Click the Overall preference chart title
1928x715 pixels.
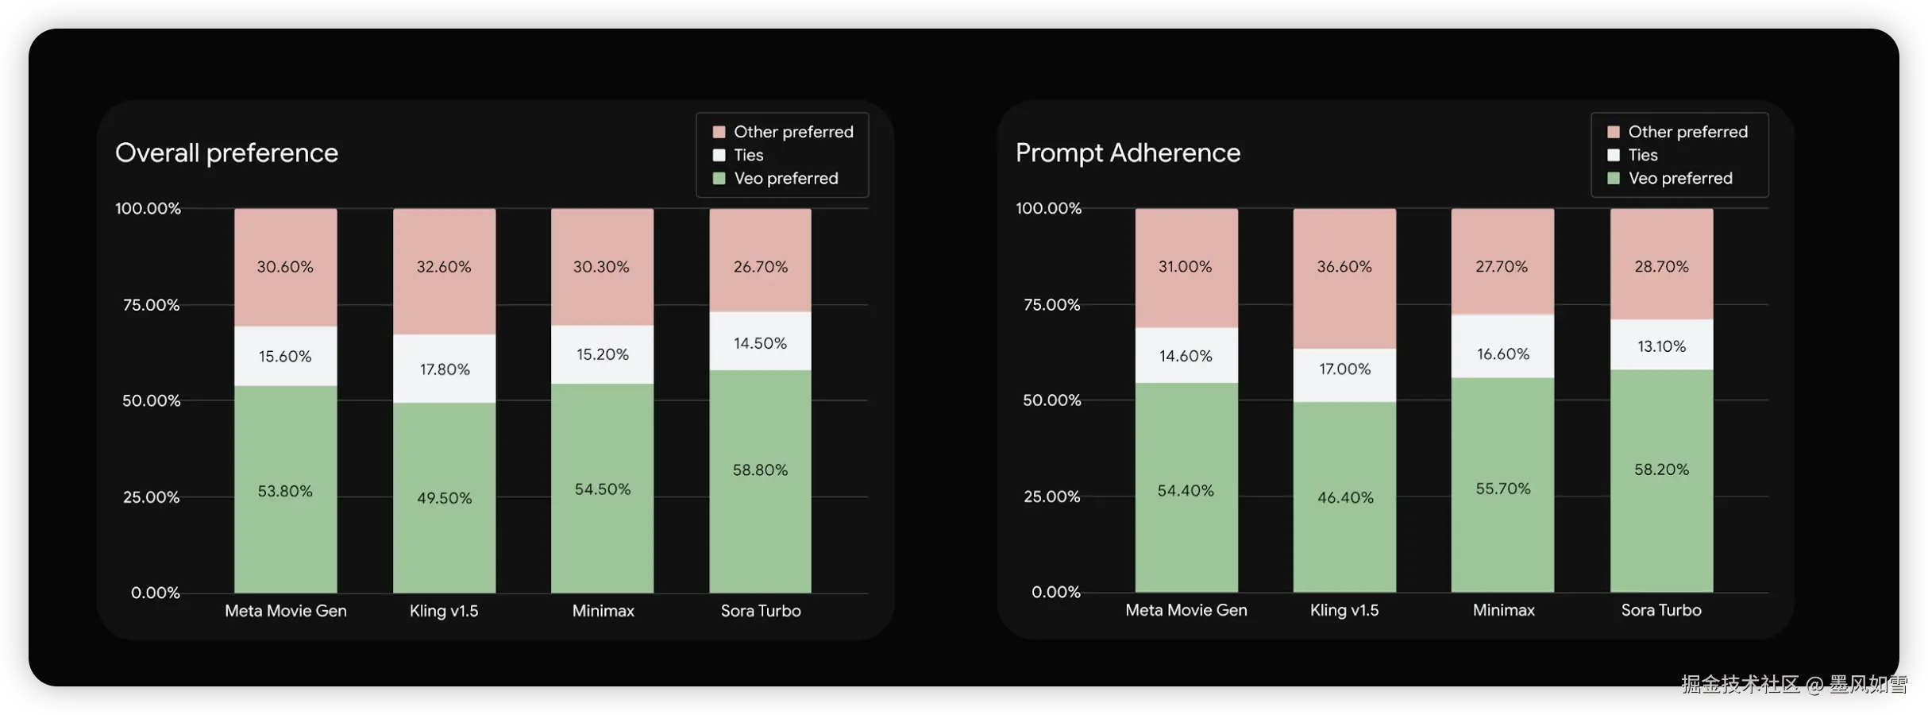point(226,153)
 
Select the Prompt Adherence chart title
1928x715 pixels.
point(1128,153)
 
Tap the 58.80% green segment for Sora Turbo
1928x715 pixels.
point(760,481)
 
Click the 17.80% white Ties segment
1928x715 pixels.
point(444,369)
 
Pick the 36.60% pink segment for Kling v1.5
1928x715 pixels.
point(1344,278)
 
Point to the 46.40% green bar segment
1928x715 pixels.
point(1344,497)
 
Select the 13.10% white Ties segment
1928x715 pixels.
point(1661,346)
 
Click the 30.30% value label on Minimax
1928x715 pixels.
point(601,267)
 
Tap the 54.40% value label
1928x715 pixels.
point(1186,491)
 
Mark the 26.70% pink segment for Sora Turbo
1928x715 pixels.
point(760,260)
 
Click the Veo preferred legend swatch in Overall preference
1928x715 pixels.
point(719,179)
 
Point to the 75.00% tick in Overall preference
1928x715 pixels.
point(151,305)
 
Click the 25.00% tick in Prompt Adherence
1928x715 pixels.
point(1051,497)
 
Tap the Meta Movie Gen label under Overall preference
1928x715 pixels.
point(285,611)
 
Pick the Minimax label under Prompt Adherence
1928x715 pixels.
point(1503,610)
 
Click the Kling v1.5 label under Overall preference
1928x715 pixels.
point(444,611)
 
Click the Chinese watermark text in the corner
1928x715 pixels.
point(1793,684)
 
